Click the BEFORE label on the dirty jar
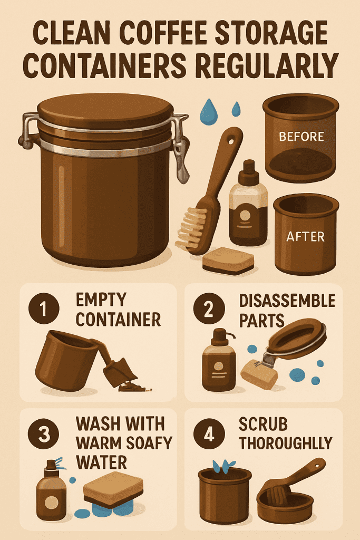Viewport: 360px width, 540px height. tap(301, 136)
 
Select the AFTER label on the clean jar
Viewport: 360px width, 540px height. tap(306, 237)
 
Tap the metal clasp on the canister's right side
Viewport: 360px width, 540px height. tap(180, 148)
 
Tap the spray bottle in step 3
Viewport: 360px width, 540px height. tap(51, 488)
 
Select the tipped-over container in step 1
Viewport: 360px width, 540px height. tap(63, 359)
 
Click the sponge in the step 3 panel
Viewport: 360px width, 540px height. tap(113, 488)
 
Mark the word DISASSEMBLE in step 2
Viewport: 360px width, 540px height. tap(287, 301)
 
